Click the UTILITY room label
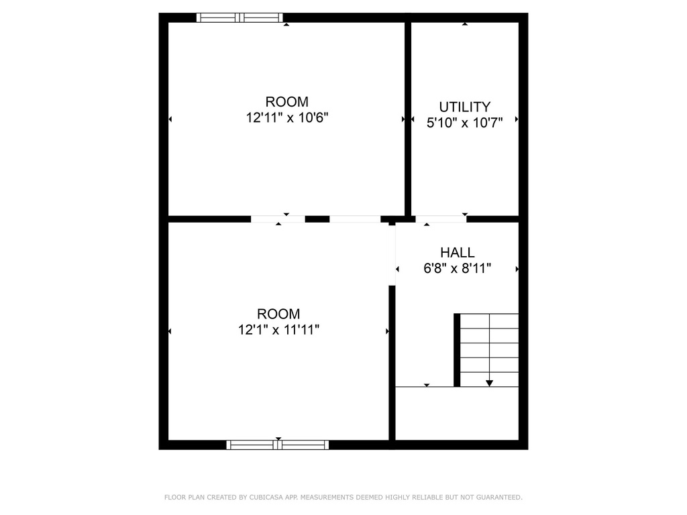pyautogui.click(x=464, y=107)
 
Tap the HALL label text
pyautogui.click(x=457, y=252)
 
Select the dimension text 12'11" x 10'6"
pyautogui.click(x=287, y=117)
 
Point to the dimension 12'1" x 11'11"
pyautogui.click(x=278, y=329)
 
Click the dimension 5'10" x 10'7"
pyautogui.click(x=464, y=123)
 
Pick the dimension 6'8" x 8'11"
pyautogui.click(x=457, y=268)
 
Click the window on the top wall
pyautogui.click(x=240, y=17)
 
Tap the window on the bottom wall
pyautogui.click(x=277, y=445)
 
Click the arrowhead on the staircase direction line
pyautogui.click(x=489, y=383)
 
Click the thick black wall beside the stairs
pyautogui.click(x=456, y=350)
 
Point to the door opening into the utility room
pyautogui.click(x=441, y=219)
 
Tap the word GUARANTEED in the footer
pyautogui.click(x=499, y=497)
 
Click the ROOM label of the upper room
pyautogui.click(x=287, y=102)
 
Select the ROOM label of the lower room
pyautogui.click(x=278, y=314)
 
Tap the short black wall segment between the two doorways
pyautogui.click(x=317, y=219)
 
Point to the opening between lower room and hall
pyautogui.click(x=392, y=254)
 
